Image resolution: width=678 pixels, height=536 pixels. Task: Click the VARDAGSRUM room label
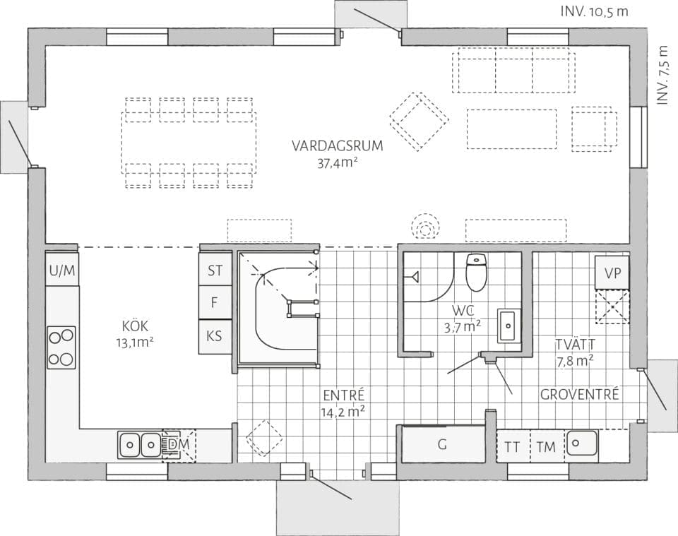click(338, 146)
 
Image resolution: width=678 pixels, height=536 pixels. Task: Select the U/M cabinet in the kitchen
click(62, 270)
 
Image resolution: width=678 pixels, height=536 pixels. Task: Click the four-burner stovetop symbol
click(62, 347)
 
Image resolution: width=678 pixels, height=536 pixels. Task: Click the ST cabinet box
click(215, 270)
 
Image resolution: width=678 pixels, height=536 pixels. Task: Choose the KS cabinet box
click(215, 337)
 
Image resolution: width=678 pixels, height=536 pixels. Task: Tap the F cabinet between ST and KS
click(215, 303)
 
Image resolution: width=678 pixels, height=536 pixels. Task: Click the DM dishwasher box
click(178, 444)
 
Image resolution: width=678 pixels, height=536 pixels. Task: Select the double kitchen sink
click(140, 444)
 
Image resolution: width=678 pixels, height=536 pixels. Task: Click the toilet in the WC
click(477, 272)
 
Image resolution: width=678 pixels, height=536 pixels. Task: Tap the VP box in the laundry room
click(612, 273)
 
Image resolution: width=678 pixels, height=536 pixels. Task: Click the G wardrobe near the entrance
click(443, 445)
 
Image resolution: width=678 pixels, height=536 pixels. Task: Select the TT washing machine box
click(512, 446)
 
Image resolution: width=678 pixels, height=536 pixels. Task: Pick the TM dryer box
click(546, 446)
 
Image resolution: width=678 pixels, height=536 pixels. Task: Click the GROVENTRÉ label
click(579, 394)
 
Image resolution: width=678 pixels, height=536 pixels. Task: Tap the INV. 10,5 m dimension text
click(594, 11)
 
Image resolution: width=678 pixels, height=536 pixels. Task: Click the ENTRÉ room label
click(343, 395)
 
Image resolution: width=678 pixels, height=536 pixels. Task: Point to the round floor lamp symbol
click(426, 227)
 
